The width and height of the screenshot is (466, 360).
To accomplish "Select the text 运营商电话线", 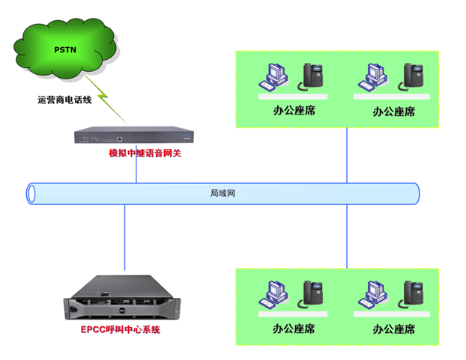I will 64,99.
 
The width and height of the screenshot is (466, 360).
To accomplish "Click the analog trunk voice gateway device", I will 136,136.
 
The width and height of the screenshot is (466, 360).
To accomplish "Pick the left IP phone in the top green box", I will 312,76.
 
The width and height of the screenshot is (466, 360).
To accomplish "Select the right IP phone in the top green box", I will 414,76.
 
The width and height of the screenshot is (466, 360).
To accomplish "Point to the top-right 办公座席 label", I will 393,112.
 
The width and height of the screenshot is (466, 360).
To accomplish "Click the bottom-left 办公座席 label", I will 293,329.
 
